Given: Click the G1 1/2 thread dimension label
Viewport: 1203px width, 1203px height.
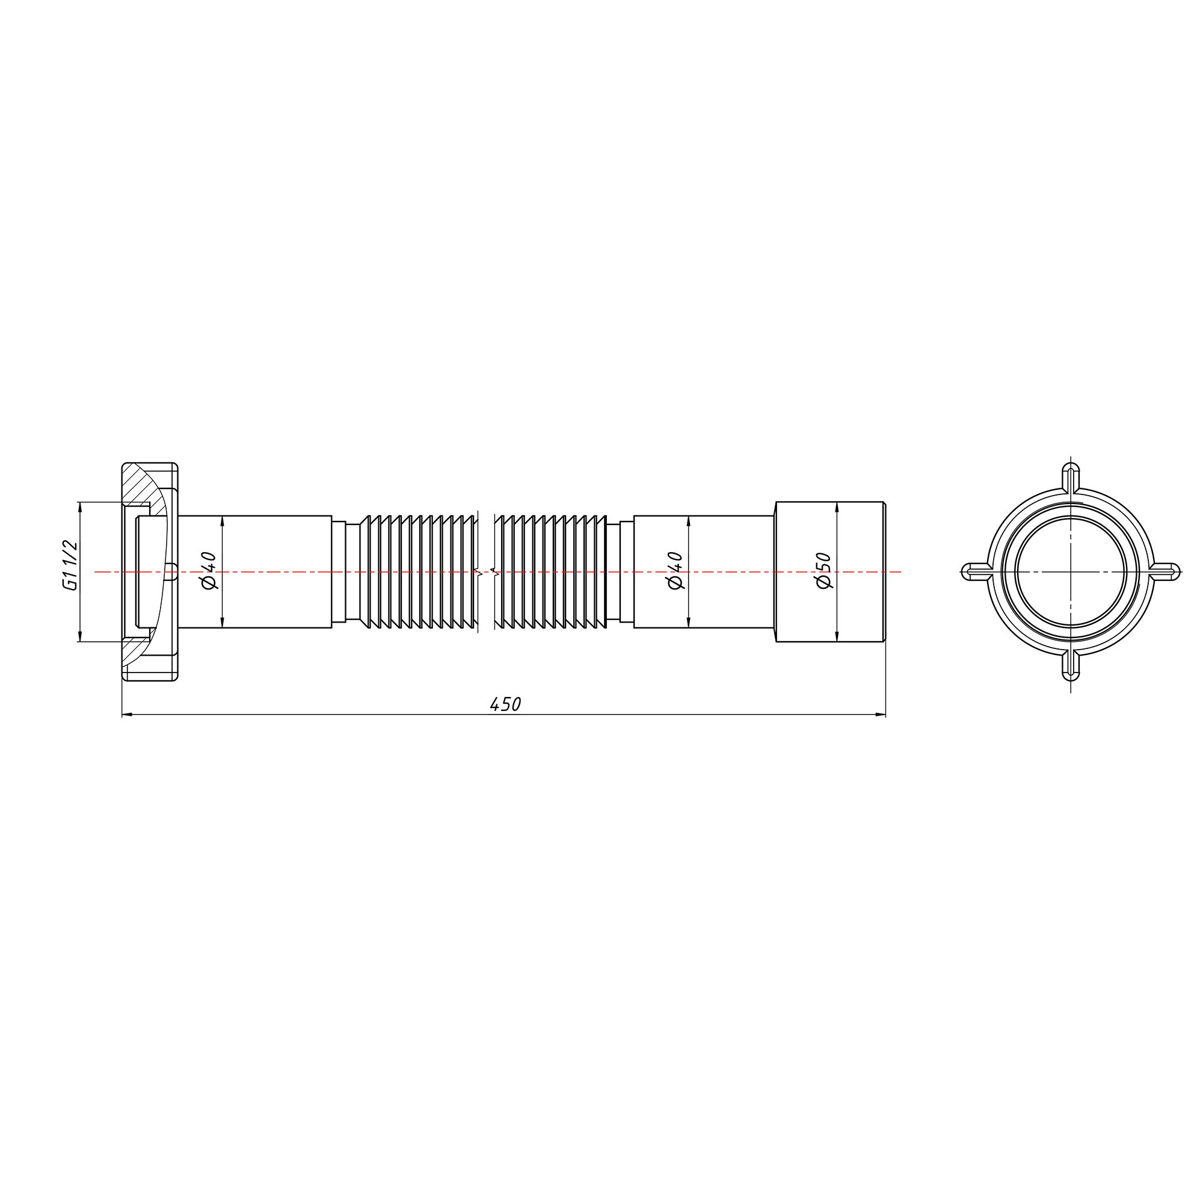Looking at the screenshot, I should pos(70,565).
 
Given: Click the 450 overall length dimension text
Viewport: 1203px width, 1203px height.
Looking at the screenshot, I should pos(505,704).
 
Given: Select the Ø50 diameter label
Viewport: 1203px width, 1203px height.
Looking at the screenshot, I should pos(824,570).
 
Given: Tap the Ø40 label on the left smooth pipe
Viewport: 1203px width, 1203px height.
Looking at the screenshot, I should pos(209,570).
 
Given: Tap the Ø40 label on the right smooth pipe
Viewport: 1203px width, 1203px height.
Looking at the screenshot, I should pos(675,570).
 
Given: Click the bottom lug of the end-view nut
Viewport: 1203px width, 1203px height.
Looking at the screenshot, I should pos(1071,665).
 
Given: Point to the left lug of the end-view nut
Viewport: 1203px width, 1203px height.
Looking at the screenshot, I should pos(976,571).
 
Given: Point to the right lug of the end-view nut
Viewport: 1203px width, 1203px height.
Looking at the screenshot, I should pos(1165,571).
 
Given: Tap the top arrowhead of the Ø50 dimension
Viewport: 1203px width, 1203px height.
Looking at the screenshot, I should pos(836,506).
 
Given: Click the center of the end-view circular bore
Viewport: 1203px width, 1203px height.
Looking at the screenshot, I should pos(1071,571).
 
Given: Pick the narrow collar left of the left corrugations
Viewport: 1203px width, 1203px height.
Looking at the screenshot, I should pos(339,571).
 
